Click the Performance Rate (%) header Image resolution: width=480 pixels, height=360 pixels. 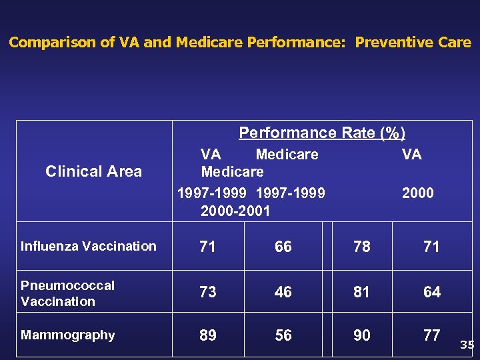pos(322,133)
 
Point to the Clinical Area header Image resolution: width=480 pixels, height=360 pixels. pos(93,171)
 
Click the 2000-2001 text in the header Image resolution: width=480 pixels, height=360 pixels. pos(235,211)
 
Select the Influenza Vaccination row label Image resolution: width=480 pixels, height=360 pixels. pos(88,246)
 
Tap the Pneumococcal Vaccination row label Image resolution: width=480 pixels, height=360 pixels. pos(67,293)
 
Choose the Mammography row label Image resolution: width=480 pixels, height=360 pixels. pos(67,335)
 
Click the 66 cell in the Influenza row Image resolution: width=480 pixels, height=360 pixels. pos(283,247)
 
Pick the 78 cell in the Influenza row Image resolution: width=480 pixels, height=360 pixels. pos(362,247)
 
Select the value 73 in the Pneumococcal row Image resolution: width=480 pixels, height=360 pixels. pos(208,292)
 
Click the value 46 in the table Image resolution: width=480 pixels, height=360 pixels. pos(283,292)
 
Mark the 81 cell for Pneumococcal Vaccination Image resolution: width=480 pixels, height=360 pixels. pos(362,292)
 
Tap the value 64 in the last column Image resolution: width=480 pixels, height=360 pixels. pos(432,292)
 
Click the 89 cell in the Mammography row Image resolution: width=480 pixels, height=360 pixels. pos(208,335)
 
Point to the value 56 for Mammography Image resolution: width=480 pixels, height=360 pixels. pos(283,335)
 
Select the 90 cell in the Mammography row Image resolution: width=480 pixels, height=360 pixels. pos(362,335)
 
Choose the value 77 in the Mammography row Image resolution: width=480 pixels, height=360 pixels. pos(432,335)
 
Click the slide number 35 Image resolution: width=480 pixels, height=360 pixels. pos(467,345)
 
